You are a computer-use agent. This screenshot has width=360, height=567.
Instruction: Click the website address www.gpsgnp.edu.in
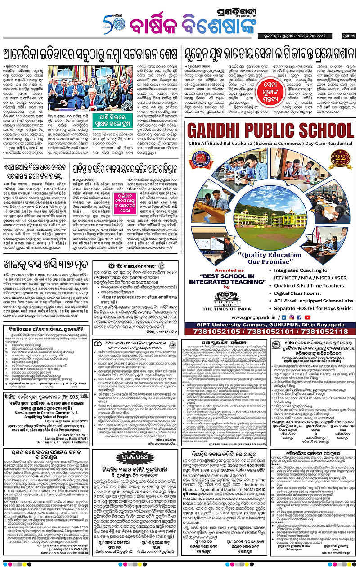coord(256,317)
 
